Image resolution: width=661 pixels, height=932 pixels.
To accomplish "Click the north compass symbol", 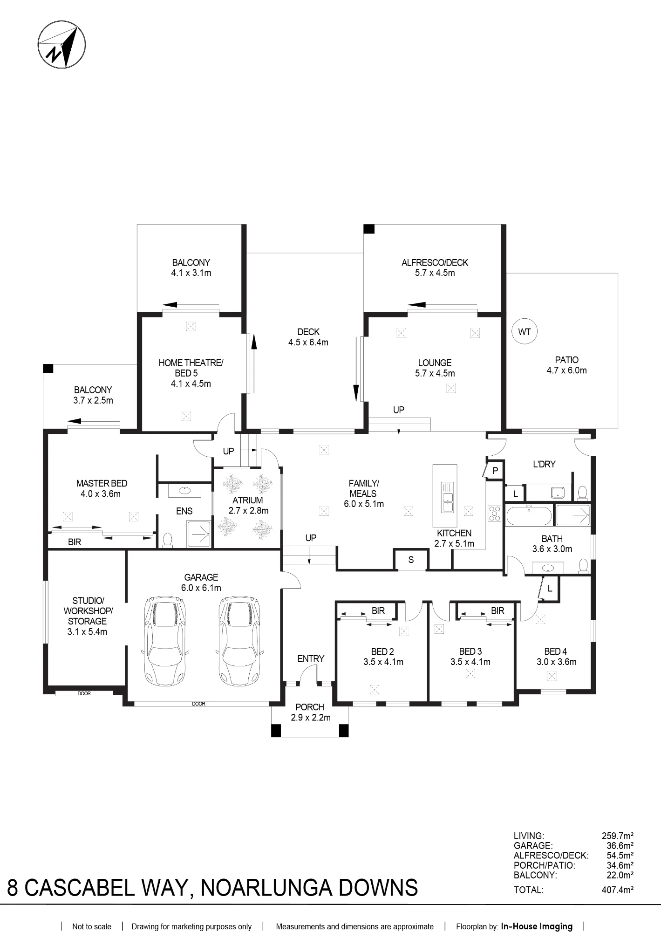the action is click(x=61, y=45).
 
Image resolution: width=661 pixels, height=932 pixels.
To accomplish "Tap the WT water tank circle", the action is click(x=525, y=332).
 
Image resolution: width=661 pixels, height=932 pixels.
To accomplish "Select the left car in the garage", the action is click(x=165, y=640).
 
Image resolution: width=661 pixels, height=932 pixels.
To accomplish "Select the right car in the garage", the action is click(x=238, y=640).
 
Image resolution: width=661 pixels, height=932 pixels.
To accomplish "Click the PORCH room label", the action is click(x=310, y=707).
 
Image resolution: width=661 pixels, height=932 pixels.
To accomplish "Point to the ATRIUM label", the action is click(x=248, y=500).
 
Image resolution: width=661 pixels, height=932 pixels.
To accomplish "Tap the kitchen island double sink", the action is click(x=448, y=497).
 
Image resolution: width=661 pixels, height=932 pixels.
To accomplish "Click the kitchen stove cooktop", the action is click(x=494, y=514).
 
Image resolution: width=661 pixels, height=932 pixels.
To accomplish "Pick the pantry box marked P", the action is click(x=494, y=471).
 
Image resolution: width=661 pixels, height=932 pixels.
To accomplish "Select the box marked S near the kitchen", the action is click(x=411, y=560).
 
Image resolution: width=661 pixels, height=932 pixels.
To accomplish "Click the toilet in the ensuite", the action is click(x=168, y=540).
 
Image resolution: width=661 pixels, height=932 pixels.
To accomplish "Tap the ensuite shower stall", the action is click(x=199, y=534).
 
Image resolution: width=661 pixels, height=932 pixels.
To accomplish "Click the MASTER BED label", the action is click(x=102, y=483).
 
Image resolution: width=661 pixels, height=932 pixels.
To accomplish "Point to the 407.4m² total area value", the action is click(x=617, y=890).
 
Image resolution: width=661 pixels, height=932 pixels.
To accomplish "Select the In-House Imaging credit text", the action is click(x=537, y=926).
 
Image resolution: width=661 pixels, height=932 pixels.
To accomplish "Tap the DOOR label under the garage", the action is click(x=198, y=704).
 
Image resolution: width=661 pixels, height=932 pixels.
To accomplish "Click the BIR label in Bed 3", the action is click(x=497, y=610).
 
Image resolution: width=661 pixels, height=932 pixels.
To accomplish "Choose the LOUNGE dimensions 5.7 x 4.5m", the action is click(x=435, y=373).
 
